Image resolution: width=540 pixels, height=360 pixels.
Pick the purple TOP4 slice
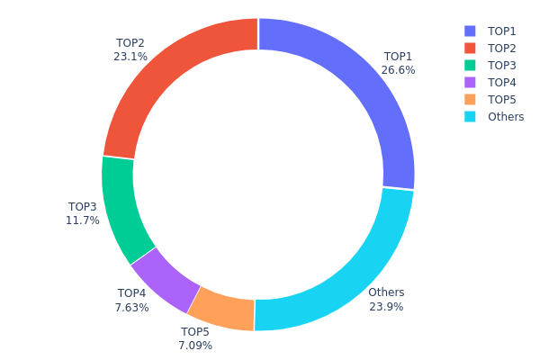(x=163, y=279)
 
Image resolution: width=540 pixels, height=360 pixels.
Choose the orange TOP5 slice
(x=220, y=309)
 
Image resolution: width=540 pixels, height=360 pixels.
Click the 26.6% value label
(x=398, y=70)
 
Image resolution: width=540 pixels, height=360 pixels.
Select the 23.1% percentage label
(x=130, y=56)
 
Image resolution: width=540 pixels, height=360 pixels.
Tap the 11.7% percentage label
(x=83, y=220)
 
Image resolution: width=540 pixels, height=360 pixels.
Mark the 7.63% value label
(x=131, y=308)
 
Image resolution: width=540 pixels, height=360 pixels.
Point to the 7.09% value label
(x=195, y=345)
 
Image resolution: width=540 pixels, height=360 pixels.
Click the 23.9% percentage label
(x=386, y=307)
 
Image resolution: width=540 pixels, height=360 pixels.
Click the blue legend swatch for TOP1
(x=470, y=31)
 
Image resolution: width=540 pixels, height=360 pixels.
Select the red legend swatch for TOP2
(x=470, y=48)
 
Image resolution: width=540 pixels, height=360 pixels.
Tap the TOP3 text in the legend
(x=501, y=65)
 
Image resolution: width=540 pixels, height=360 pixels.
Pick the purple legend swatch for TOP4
(x=470, y=82)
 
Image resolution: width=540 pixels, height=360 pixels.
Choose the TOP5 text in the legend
(x=501, y=99)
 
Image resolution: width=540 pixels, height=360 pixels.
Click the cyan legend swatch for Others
(x=470, y=116)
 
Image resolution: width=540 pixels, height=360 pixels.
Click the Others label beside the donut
(x=386, y=292)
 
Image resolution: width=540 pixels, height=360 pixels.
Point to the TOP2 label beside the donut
(x=130, y=42)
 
